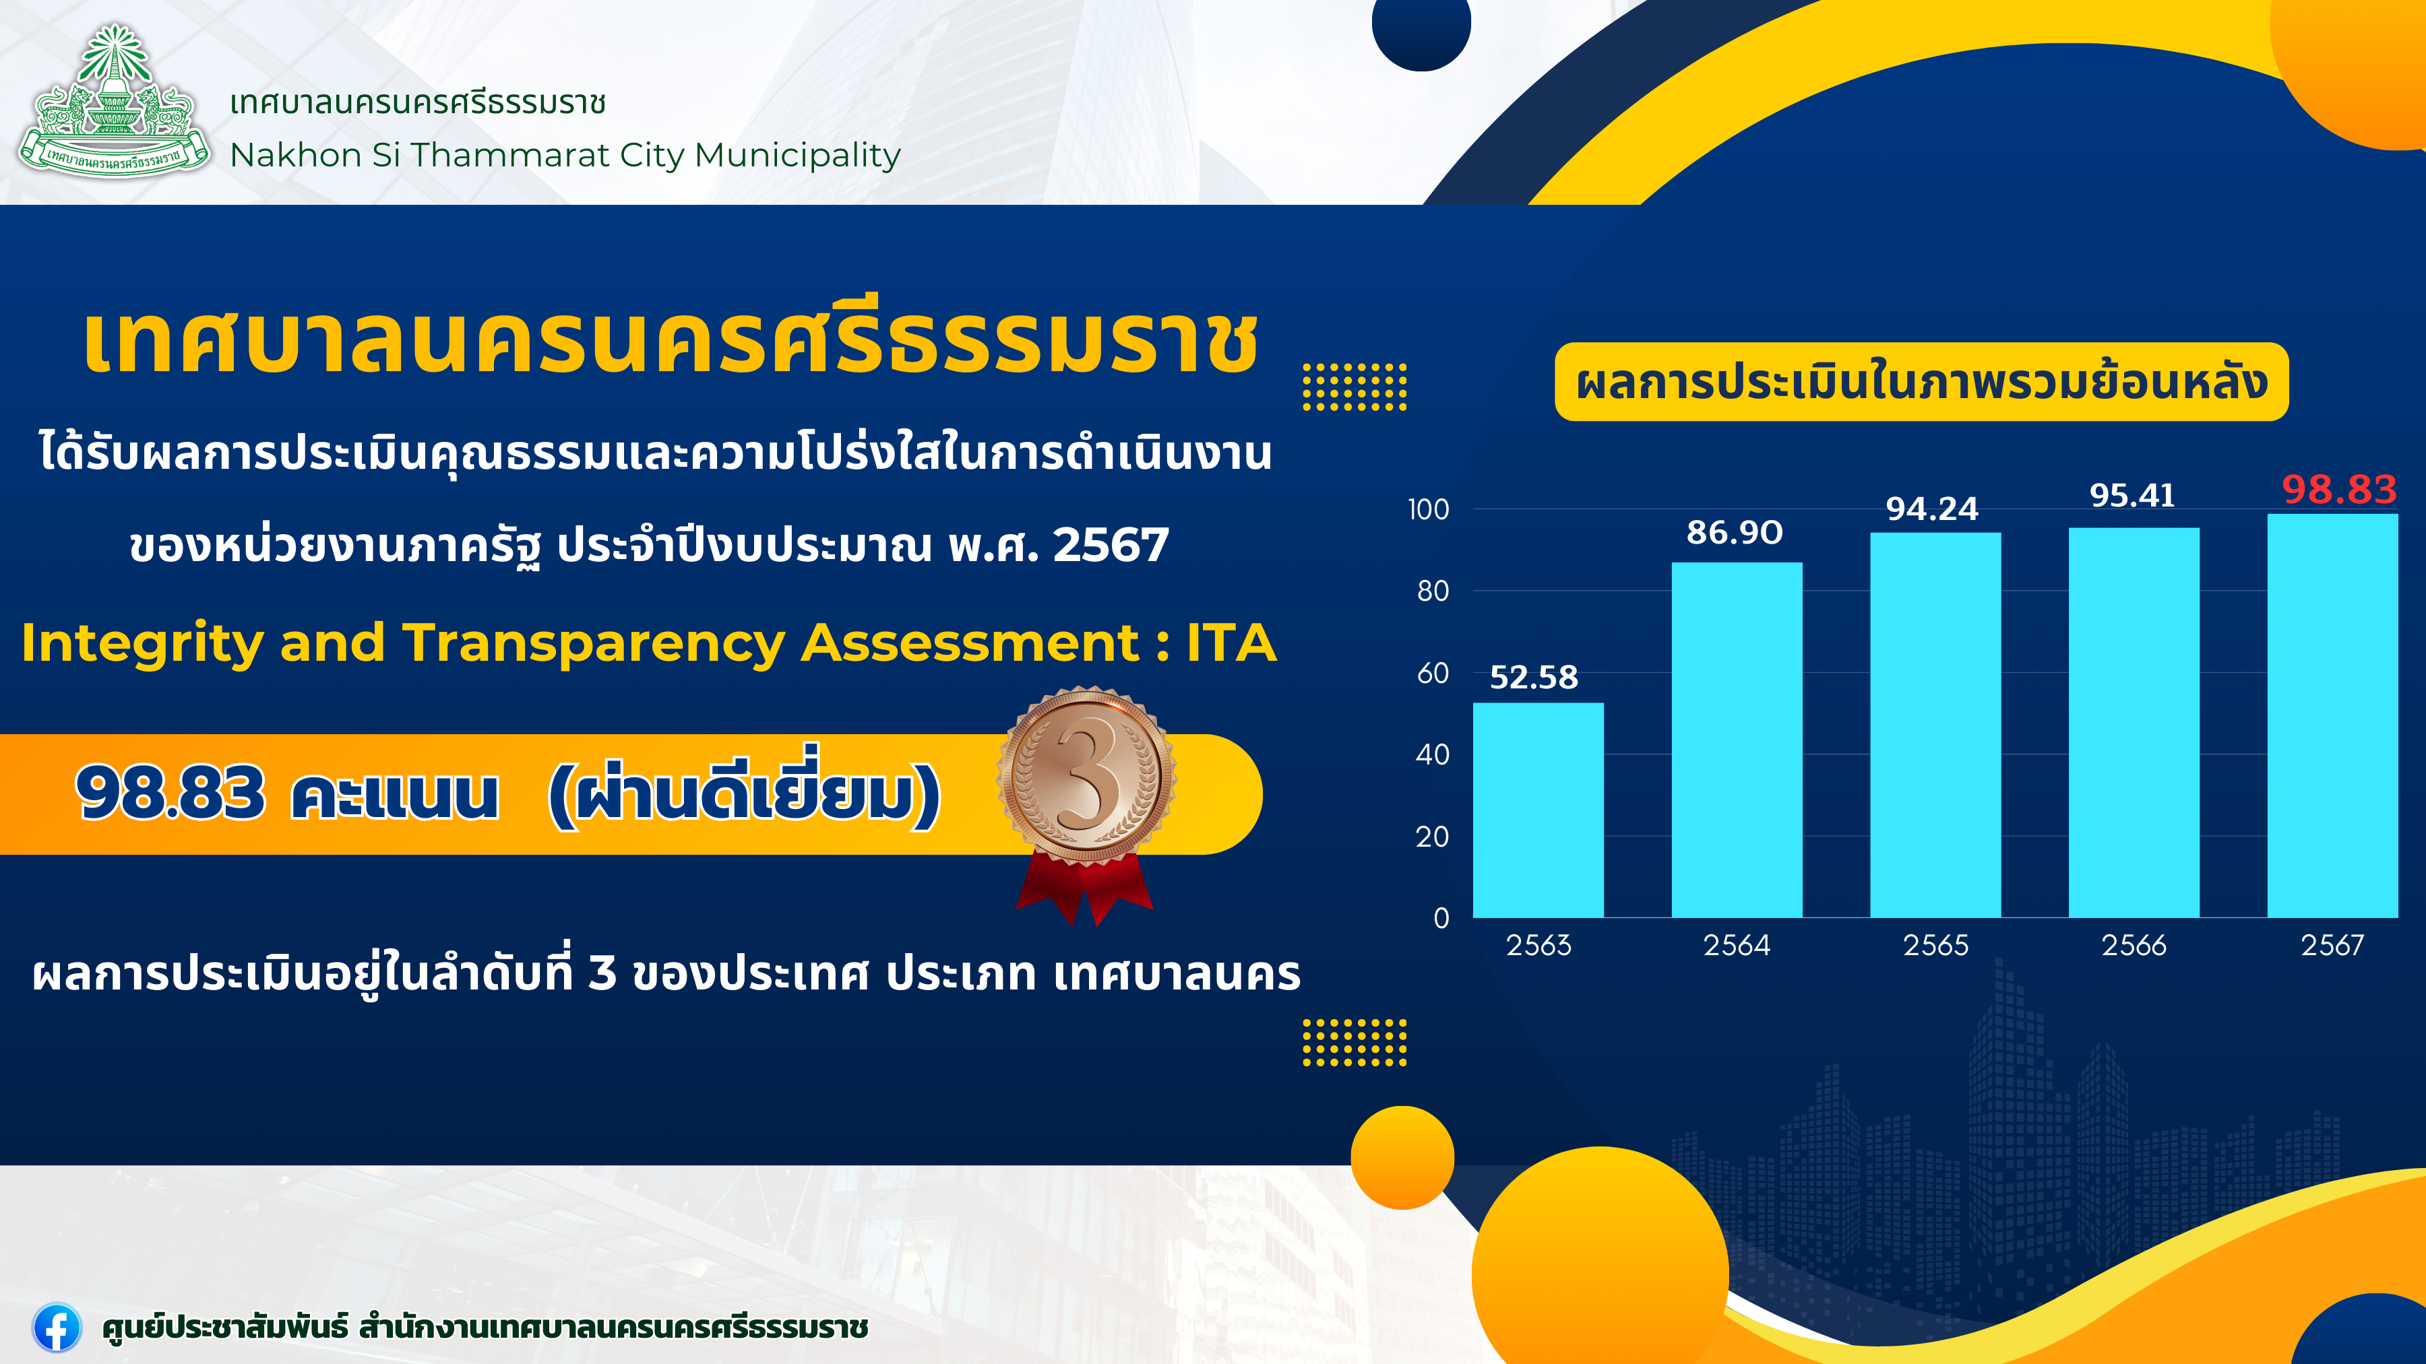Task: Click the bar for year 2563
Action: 1538,810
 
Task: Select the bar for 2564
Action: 1737,740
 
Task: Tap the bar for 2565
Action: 1935,725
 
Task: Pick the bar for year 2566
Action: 2134,722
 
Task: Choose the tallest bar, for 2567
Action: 2333,715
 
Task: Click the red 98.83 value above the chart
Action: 2339,490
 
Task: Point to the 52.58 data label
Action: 1533,677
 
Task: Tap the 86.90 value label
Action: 1735,533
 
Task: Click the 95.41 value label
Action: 2132,495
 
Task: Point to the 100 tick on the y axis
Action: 1429,509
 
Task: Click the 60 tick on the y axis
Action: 1433,673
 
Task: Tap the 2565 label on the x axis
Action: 1935,945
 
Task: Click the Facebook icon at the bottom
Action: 57,1327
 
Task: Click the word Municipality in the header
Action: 798,156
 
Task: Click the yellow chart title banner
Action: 1921,381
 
